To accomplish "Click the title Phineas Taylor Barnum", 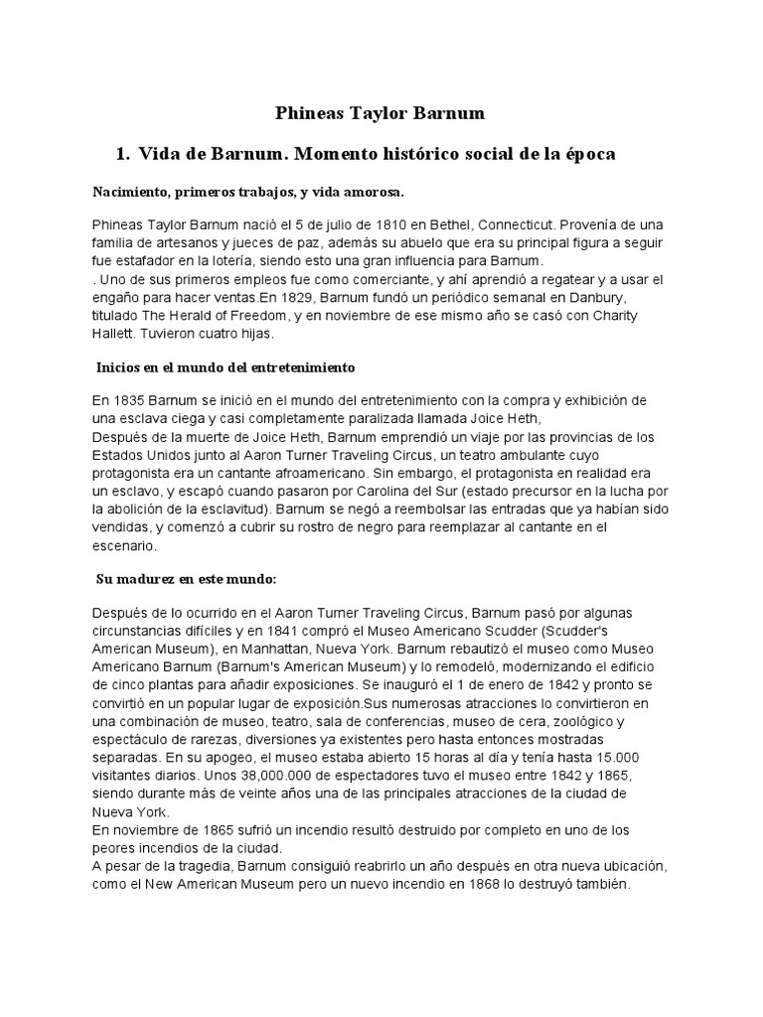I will pyautogui.click(x=381, y=113).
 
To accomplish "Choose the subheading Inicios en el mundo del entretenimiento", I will pyautogui.click(x=225, y=367).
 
